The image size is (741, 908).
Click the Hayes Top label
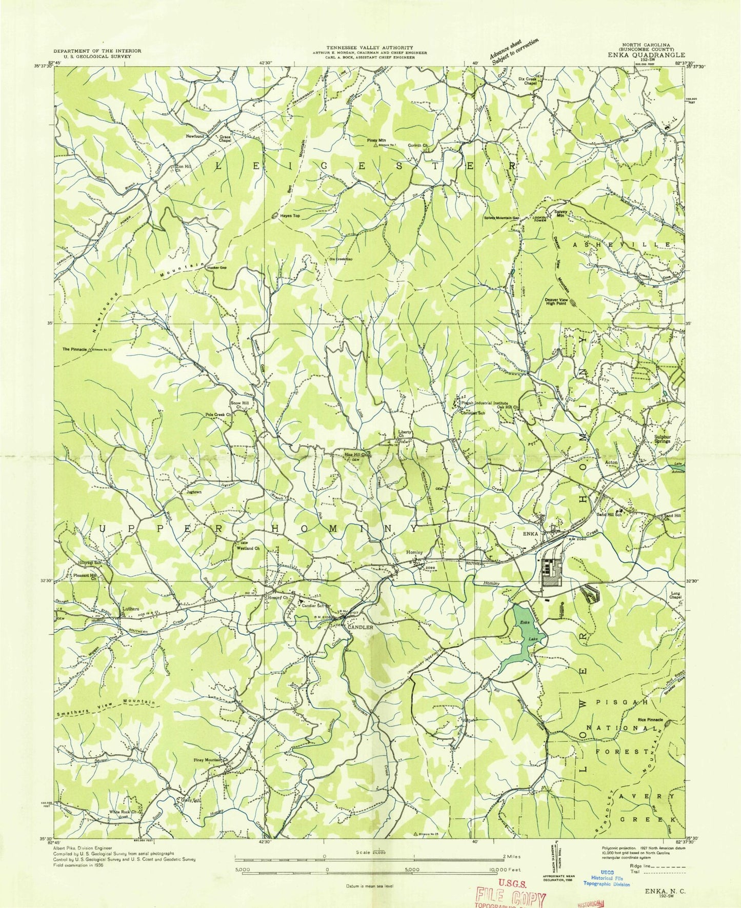(290, 216)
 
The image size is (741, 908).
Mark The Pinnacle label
(73, 349)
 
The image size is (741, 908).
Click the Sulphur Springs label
(662, 439)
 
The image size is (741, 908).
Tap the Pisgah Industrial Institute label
(484, 403)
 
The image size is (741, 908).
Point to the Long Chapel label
(675, 596)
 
